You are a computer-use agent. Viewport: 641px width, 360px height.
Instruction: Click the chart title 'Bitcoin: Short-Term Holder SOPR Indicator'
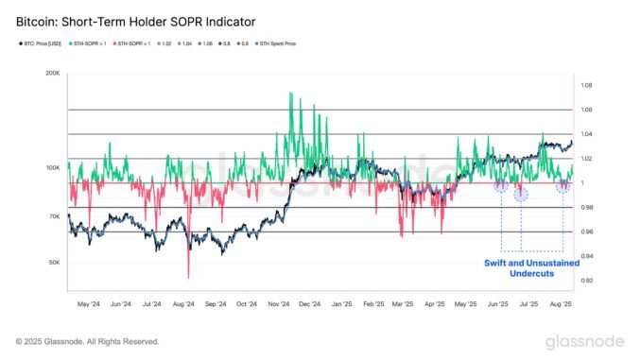point(136,20)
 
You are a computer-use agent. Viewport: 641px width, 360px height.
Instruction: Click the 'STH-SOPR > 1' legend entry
point(97,44)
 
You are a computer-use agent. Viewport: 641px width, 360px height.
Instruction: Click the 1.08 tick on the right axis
point(587,85)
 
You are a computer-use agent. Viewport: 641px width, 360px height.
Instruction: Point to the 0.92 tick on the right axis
point(587,281)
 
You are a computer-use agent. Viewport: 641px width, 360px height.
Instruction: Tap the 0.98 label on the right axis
point(587,208)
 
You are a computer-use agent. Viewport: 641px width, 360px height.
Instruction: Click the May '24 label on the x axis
point(89,304)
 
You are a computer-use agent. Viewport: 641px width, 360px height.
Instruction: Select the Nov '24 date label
point(279,304)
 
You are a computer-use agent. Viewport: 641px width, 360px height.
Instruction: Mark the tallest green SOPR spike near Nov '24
point(289,94)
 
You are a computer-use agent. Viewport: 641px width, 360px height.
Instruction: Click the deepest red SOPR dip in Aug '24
point(188,277)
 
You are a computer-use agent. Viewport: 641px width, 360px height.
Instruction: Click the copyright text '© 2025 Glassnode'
point(87,341)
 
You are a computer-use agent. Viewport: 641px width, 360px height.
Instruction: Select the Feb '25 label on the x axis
point(373,304)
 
